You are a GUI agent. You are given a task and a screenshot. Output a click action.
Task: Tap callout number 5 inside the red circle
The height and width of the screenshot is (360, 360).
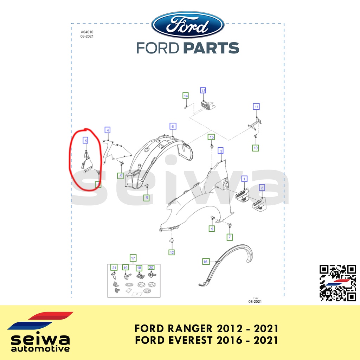tap(85, 140)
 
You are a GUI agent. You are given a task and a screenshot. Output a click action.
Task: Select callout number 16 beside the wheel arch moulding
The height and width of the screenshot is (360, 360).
tap(206, 262)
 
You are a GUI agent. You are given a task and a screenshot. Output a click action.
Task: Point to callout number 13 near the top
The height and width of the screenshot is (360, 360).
tap(203, 90)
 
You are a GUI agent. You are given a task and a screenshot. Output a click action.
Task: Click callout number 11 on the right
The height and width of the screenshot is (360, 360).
tap(257, 107)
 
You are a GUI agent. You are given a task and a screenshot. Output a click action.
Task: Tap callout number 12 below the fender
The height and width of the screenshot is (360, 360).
tap(171, 252)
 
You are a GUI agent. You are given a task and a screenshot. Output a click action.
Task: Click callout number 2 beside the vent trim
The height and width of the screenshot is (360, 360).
tap(262, 188)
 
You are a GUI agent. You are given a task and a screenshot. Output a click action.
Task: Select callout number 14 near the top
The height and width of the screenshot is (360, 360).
tap(186, 95)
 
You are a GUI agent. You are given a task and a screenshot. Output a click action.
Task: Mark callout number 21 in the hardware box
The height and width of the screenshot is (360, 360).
tap(114, 268)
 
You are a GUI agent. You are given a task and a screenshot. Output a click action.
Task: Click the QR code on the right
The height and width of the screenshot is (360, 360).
tap(337, 283)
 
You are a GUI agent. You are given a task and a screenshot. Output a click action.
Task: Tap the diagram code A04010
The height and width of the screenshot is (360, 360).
tap(87, 32)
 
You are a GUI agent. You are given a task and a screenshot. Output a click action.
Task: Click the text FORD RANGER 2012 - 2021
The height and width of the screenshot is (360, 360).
tap(206, 329)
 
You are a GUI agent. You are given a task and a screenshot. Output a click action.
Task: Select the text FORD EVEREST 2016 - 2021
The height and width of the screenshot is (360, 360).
tap(206, 340)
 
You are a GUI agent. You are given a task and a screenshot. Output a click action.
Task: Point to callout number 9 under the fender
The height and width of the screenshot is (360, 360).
tap(212, 229)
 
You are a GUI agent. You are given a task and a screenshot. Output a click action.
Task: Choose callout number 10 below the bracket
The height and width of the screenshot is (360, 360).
tap(256, 148)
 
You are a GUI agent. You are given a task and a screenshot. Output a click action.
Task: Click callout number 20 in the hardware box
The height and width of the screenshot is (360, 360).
tap(151, 268)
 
